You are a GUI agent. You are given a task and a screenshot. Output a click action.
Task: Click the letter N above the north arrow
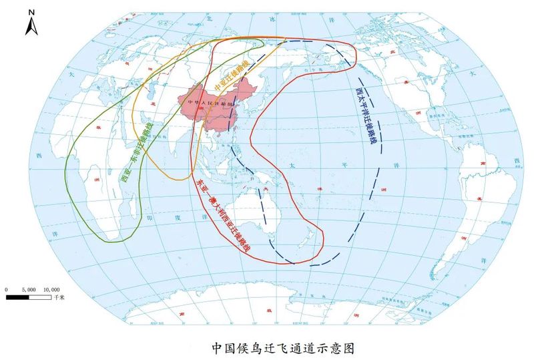(x=31, y=12)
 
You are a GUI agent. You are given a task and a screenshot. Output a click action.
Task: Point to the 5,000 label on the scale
(x=29, y=289)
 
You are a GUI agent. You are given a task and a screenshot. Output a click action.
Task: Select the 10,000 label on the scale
(x=51, y=289)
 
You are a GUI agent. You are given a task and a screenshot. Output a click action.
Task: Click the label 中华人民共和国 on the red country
(x=208, y=103)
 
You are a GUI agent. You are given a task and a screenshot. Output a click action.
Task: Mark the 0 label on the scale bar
(x=7, y=289)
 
